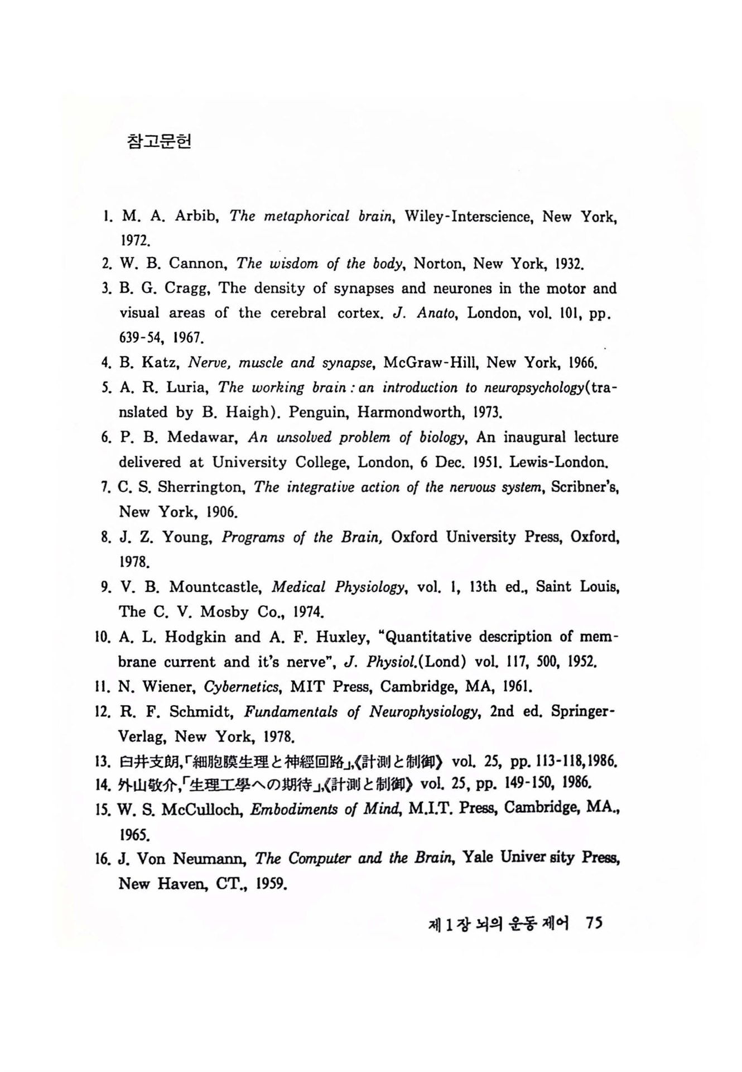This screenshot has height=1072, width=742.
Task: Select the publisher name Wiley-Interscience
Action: coord(468,216)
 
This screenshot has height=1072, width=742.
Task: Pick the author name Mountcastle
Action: coord(215,587)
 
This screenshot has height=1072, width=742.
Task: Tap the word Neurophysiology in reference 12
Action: coord(425,712)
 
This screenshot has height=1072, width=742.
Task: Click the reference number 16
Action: coord(103,859)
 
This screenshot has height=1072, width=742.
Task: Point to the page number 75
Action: coord(594,923)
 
